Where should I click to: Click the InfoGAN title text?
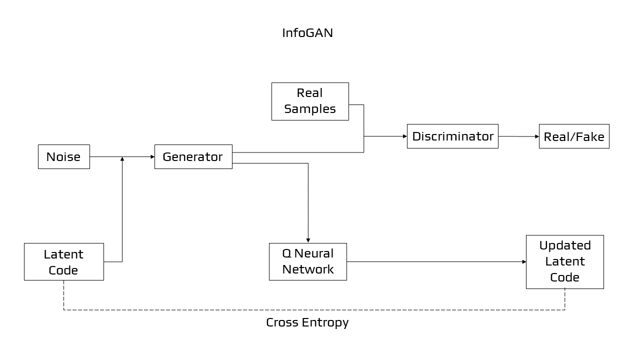point(307,33)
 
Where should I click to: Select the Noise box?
point(64,156)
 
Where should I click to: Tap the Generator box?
point(193,156)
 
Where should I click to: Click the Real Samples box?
point(310,101)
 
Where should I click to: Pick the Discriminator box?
point(452,136)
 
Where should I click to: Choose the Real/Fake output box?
point(574,136)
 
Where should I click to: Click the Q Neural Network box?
point(307,261)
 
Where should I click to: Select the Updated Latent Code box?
point(564,261)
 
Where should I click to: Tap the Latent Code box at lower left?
point(63,261)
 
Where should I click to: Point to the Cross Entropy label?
point(307,322)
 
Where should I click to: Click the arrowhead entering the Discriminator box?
point(404,136)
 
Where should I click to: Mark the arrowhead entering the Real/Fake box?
point(536,136)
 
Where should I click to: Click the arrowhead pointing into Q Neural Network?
point(308,240)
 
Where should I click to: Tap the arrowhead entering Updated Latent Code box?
point(523,261)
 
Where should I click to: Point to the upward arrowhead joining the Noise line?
point(122,159)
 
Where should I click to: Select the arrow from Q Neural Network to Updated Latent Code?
point(435,261)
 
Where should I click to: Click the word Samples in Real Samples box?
point(310,109)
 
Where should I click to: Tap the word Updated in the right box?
point(564,245)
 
